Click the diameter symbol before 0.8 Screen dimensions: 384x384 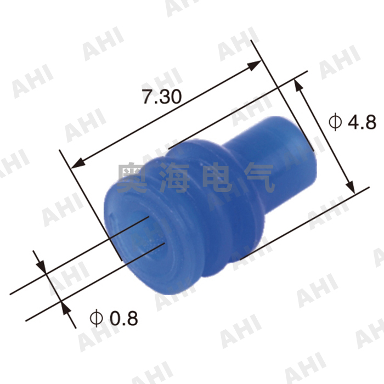coord(96,317)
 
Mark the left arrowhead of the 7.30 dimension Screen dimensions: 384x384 coord(80,162)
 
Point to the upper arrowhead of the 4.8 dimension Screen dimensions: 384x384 coord(298,84)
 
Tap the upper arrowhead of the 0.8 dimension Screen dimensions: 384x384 coord(41,264)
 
